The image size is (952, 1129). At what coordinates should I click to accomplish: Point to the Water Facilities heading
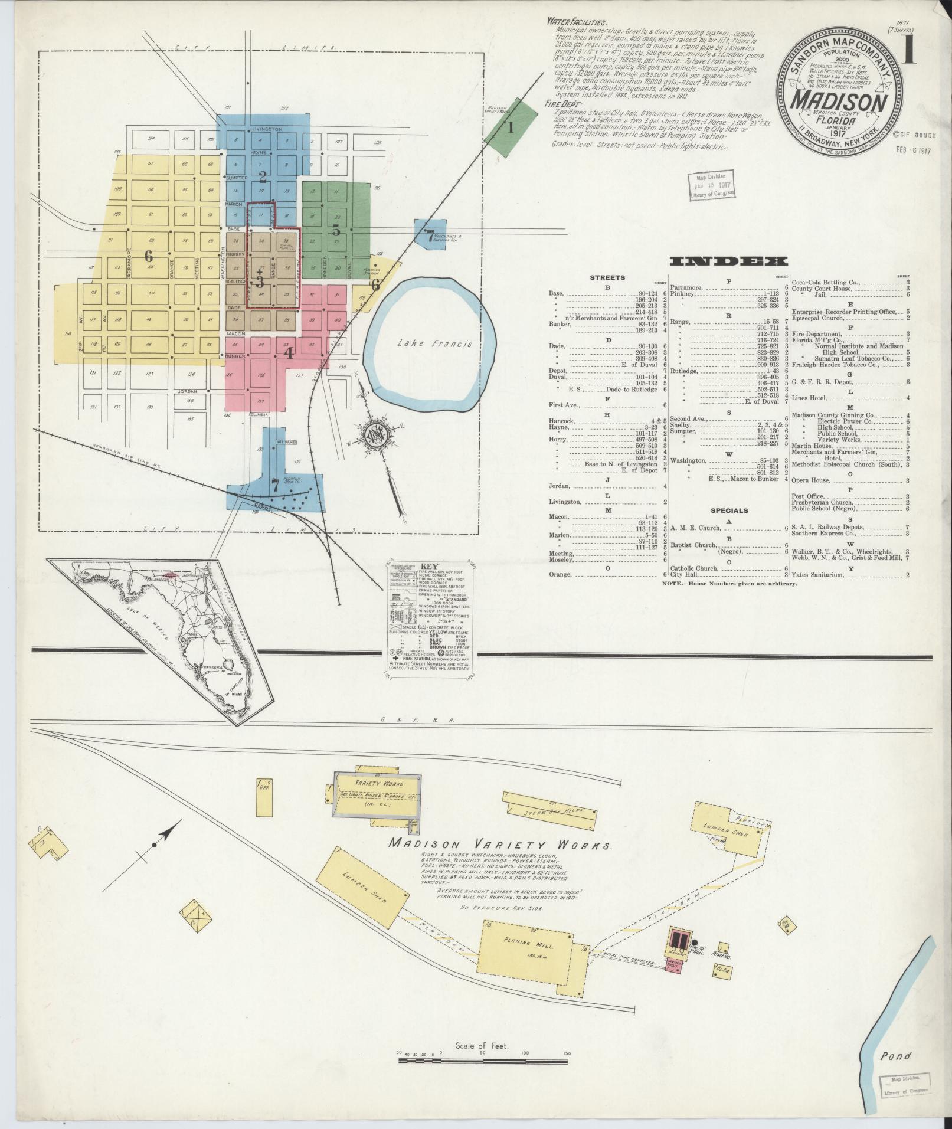click(575, 21)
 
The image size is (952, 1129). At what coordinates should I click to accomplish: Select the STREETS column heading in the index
click(607, 277)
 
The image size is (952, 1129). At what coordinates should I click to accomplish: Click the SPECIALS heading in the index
click(729, 510)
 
